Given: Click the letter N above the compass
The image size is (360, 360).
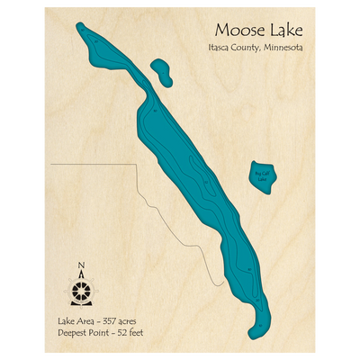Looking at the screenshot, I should [x=83, y=264].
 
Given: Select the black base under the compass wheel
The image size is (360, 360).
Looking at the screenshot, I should [x=83, y=305].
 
